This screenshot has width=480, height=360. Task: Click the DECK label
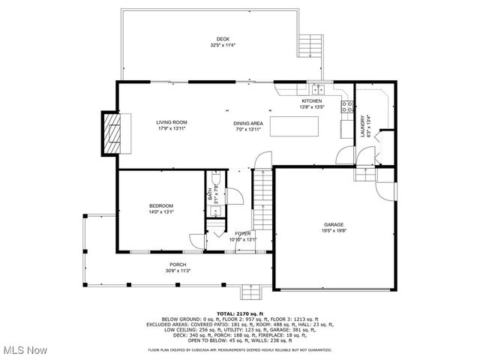point(223,39)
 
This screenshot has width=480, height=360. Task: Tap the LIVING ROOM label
point(171,122)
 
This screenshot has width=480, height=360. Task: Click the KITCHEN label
point(311,100)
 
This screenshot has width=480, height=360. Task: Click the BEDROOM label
point(160,205)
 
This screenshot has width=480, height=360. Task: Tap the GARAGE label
point(334,224)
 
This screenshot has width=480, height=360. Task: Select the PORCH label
point(177,264)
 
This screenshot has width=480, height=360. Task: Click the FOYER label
point(243,234)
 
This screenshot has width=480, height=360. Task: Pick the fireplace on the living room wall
point(112,132)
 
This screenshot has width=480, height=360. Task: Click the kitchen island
point(293,126)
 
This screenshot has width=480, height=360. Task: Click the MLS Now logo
point(24,350)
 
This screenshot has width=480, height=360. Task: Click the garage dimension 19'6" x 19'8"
point(334,232)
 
